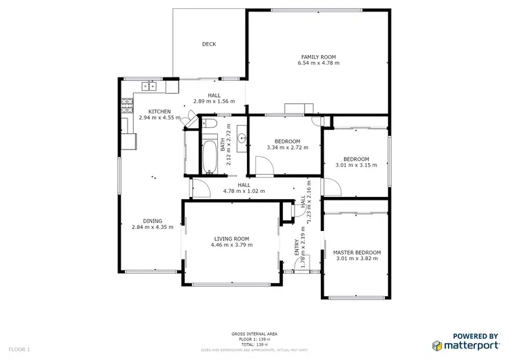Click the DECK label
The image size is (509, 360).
(209, 45)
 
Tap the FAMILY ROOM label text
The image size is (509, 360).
(318, 57)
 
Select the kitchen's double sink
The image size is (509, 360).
(149, 86)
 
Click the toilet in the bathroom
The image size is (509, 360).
(209, 123)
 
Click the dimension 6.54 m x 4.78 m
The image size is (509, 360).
(318, 63)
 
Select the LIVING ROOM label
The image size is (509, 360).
(231, 238)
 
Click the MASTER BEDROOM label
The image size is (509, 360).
(356, 253)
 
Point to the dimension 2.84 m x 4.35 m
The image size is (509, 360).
(152, 227)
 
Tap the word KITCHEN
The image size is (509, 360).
(160, 111)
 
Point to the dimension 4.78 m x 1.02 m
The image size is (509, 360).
(244, 191)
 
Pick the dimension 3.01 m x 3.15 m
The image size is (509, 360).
(356, 165)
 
